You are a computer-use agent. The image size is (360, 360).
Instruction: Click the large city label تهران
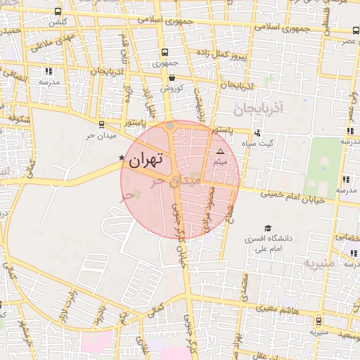146,160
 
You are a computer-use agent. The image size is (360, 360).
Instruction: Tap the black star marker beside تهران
122,157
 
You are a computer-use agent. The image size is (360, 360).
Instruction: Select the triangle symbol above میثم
220,151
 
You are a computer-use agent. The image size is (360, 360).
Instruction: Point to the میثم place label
220,162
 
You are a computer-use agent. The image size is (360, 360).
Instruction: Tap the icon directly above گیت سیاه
257,131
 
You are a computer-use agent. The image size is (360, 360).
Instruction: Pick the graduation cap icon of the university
267,228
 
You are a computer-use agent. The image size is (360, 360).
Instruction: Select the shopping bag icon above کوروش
172,78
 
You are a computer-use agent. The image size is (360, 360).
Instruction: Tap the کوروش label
172,89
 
